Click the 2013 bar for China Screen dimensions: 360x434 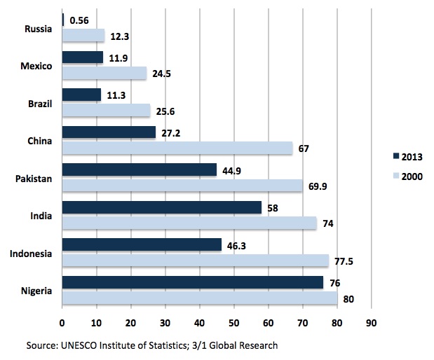[x=109, y=132]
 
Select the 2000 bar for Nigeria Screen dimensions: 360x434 [x=200, y=298]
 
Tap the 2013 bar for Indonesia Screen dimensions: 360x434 [x=142, y=245]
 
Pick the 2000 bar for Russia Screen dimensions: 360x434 [x=83, y=35]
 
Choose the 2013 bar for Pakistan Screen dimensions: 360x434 [x=140, y=169]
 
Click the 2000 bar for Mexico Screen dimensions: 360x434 [x=104, y=73]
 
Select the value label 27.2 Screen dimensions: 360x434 [x=172, y=132]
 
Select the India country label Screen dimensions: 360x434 [x=41, y=216]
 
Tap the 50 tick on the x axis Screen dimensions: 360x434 [x=233, y=324]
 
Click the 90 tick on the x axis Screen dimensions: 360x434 [x=371, y=324]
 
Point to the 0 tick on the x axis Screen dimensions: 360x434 [x=62, y=324]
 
